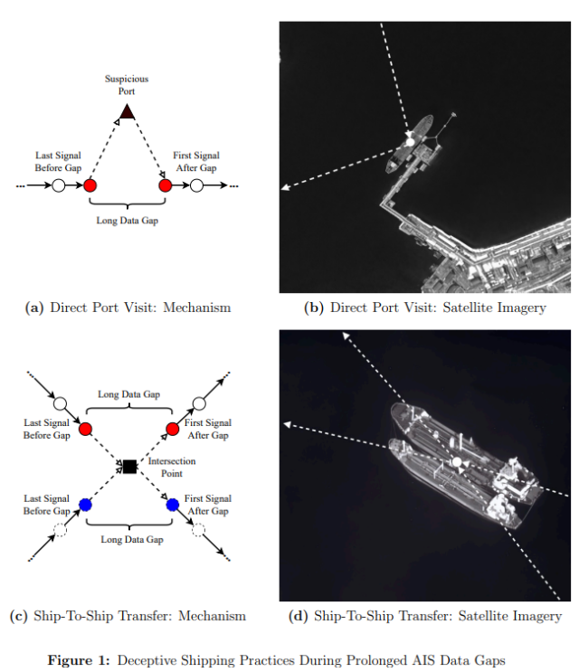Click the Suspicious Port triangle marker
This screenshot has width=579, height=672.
[128, 111]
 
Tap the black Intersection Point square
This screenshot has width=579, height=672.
[128, 466]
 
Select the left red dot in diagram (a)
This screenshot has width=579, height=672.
[90, 186]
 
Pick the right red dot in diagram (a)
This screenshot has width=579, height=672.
[166, 186]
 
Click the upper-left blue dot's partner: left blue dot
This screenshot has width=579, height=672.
[86, 505]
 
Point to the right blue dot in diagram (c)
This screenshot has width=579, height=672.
[172, 505]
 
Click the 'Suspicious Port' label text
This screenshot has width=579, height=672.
[127, 85]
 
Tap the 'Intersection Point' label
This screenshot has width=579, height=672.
[171, 467]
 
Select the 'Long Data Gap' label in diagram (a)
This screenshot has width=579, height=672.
[128, 221]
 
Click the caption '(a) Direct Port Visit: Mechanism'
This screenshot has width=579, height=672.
[128, 308]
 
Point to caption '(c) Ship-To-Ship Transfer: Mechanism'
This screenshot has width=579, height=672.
[128, 616]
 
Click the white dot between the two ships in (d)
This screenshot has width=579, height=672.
[458, 464]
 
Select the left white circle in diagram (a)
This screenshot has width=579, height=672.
[58, 186]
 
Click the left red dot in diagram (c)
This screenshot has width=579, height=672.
[87, 428]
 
